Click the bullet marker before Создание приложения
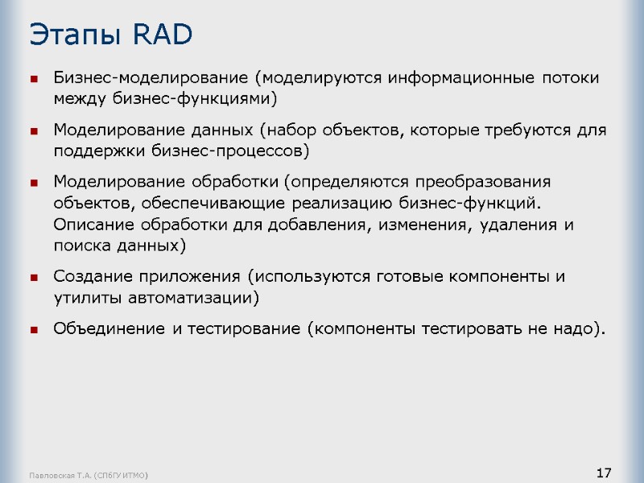point(35,278)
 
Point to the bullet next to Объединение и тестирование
point(35,329)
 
